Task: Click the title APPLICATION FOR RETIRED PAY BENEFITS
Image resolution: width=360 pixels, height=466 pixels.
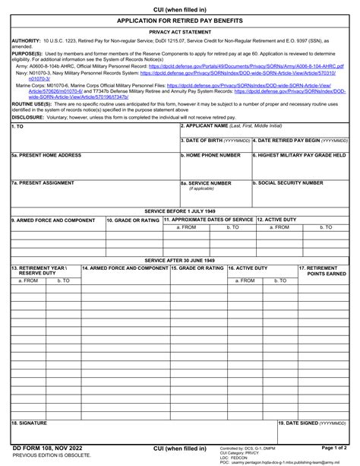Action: [x=180, y=23]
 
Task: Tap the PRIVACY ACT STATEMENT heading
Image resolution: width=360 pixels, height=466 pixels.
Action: [x=180, y=33]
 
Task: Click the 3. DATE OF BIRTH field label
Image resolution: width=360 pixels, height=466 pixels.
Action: [x=215, y=141]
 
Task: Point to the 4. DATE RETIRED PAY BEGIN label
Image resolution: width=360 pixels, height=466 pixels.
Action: [x=301, y=141]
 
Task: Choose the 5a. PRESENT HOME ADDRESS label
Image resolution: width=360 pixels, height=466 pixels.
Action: [x=46, y=155]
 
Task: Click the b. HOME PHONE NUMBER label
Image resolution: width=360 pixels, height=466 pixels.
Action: [x=210, y=155]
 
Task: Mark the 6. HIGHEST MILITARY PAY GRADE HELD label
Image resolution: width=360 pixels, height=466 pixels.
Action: [x=300, y=155]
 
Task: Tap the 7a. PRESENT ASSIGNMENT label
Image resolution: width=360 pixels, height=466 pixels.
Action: [x=43, y=183]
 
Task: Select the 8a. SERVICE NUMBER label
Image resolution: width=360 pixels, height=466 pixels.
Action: [x=206, y=183]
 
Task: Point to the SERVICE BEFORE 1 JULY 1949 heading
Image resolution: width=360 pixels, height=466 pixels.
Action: [x=180, y=211]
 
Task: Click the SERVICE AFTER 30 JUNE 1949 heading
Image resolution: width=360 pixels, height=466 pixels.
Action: [x=180, y=260]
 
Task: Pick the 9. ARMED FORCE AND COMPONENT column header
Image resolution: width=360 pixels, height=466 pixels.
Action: [x=53, y=220]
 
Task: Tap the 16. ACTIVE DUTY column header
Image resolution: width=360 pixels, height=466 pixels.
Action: [x=248, y=268]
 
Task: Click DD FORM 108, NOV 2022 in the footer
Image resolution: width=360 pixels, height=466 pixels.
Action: [x=43, y=449]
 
